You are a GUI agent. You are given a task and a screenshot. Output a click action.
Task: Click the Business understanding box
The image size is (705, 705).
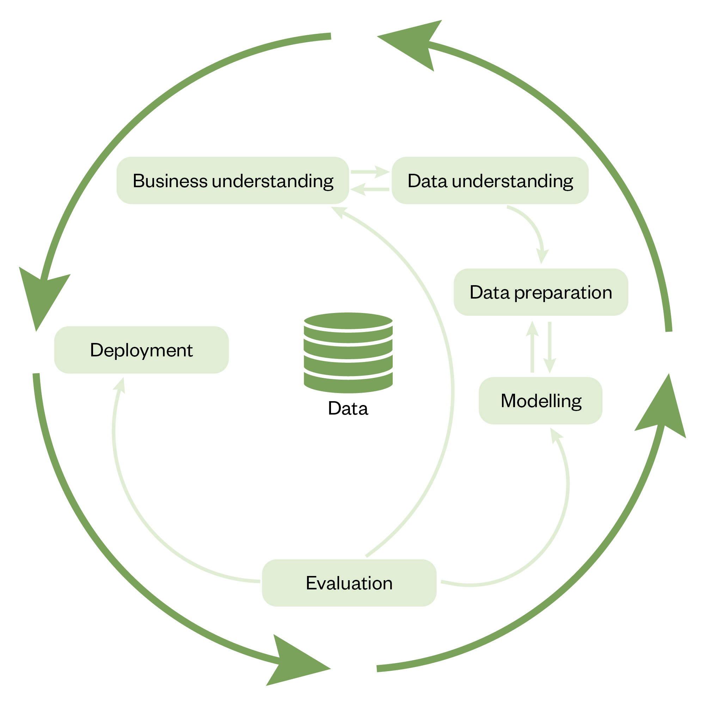[x=232, y=180]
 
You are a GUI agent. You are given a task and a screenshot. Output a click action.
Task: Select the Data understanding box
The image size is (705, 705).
[x=490, y=180]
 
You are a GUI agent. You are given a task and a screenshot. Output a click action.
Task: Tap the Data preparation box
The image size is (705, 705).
[x=540, y=292]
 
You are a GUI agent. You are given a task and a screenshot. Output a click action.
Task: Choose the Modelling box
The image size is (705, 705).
[x=540, y=401]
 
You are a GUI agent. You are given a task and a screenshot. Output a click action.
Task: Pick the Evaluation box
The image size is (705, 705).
[x=349, y=583]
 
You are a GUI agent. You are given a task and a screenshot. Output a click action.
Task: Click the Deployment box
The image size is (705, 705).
[x=141, y=350]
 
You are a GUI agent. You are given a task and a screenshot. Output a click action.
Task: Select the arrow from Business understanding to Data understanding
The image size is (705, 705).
[x=370, y=172]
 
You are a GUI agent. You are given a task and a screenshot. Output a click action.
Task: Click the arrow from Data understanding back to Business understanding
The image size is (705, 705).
[x=370, y=189]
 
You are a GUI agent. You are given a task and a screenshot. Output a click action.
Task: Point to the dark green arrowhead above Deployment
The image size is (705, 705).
[x=42, y=296]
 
